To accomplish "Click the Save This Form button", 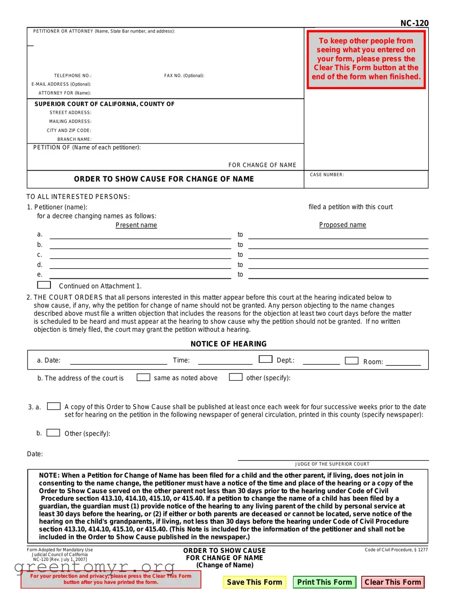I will click(254, 582).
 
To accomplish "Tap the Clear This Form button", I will click(393, 582).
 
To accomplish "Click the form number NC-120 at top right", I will click(414, 23).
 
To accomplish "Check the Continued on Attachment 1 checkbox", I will click(44, 285).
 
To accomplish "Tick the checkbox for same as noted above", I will click(143, 377).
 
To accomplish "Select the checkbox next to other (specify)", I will click(236, 377).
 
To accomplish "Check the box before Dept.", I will click(265, 359).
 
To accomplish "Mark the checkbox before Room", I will click(352, 360).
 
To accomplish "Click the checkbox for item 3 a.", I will click(53, 406).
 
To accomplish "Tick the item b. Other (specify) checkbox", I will click(53, 432).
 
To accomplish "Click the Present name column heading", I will click(136, 225).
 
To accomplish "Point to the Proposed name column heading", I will click(342, 224).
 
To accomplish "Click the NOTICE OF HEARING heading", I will click(229, 344).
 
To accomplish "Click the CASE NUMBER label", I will click(327, 174).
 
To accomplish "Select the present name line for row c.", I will click(140, 256).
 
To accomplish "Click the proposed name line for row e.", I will click(338, 276).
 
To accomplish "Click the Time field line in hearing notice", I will click(225, 361).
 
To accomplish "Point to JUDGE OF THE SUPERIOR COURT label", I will click(332, 464).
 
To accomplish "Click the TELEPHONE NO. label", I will click(73, 76).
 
